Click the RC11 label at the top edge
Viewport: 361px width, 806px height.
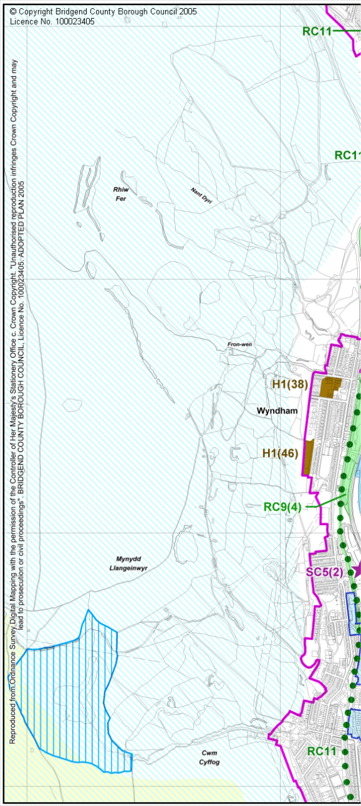click(x=317, y=31)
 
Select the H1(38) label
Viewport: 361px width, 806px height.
click(x=289, y=384)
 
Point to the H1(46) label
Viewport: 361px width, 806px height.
click(x=280, y=452)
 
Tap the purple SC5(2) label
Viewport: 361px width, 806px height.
click(x=325, y=572)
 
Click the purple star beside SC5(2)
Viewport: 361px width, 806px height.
click(x=356, y=570)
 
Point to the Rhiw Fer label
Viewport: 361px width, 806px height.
click(x=120, y=193)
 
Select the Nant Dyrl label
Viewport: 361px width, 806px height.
click(x=202, y=193)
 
